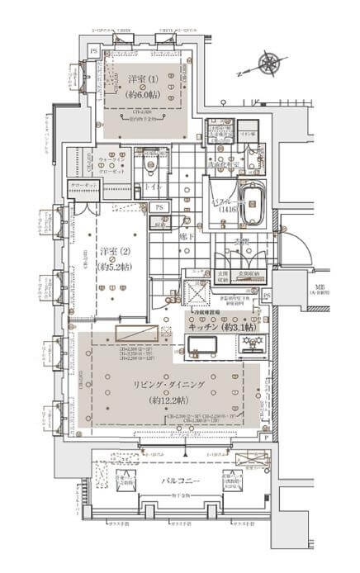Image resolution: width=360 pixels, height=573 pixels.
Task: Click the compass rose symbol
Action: pos(268,63)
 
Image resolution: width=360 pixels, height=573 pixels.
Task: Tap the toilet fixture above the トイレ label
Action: pos(148,166)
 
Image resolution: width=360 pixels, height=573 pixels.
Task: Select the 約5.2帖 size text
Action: pos(113,267)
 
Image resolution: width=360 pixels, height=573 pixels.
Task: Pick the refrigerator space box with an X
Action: pos(197,292)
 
